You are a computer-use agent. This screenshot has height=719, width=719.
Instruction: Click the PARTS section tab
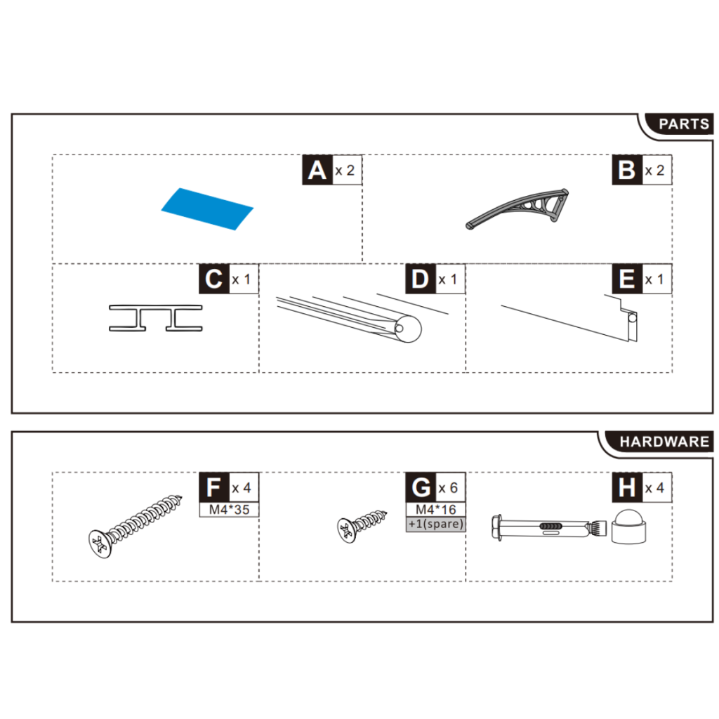coord(683,124)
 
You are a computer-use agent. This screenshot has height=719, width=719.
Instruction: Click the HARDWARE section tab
coord(663,442)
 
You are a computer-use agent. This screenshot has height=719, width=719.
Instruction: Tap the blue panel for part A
coord(206,209)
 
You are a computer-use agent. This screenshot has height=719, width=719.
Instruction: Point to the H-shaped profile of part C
coord(155,318)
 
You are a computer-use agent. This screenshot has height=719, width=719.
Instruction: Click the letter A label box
coord(317,170)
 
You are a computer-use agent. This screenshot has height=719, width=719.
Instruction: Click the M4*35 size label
coord(229,510)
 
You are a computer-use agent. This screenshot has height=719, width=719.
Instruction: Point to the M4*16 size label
coord(435,510)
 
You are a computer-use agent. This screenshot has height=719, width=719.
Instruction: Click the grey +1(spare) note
coord(435,524)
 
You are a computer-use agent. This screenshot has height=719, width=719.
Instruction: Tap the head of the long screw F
coord(100,543)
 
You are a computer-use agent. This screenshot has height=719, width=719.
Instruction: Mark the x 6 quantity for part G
coord(449,487)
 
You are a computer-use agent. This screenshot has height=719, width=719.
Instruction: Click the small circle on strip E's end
coord(633,318)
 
